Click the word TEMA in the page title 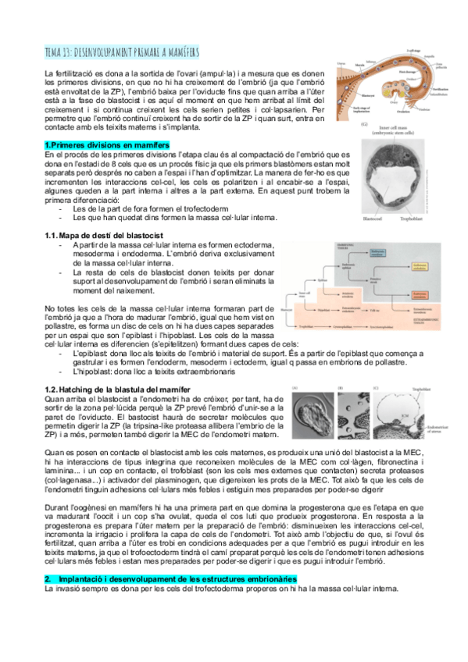(x=56, y=52)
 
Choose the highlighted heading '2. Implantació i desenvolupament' (x=170, y=578)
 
